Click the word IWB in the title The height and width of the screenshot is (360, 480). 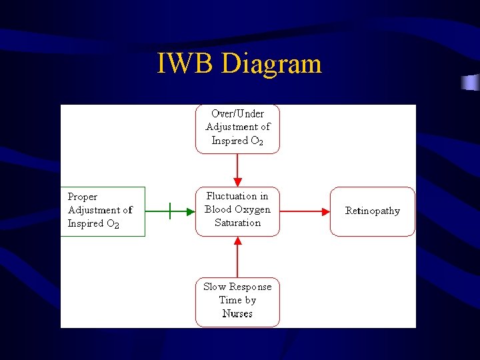[x=186, y=64]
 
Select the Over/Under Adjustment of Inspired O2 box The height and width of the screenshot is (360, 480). [x=237, y=129]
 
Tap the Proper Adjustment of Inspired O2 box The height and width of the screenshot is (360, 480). [x=102, y=211]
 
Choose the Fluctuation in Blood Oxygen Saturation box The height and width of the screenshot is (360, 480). [x=237, y=211]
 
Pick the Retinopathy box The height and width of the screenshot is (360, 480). [x=372, y=211]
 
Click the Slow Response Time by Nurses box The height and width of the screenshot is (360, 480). [x=237, y=301]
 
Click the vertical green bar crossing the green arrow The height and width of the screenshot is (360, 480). [x=170, y=211]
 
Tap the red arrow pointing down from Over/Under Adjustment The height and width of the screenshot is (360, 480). [x=237, y=170]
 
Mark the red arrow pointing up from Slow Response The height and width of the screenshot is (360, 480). [x=237, y=257]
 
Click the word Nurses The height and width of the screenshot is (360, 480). [x=237, y=314]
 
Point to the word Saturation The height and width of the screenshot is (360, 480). [x=237, y=223]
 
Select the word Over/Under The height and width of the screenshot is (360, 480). [x=237, y=114]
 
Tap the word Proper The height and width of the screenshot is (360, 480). [x=83, y=197]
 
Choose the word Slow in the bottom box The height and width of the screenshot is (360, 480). [x=215, y=287]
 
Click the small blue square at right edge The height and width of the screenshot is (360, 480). [x=471, y=83]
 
